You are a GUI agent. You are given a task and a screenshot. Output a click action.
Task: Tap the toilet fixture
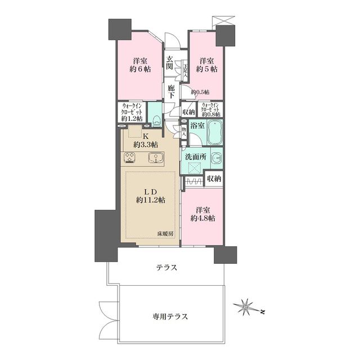coord(156,118)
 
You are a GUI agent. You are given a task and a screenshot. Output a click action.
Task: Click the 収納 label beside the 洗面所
coord(214,179)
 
